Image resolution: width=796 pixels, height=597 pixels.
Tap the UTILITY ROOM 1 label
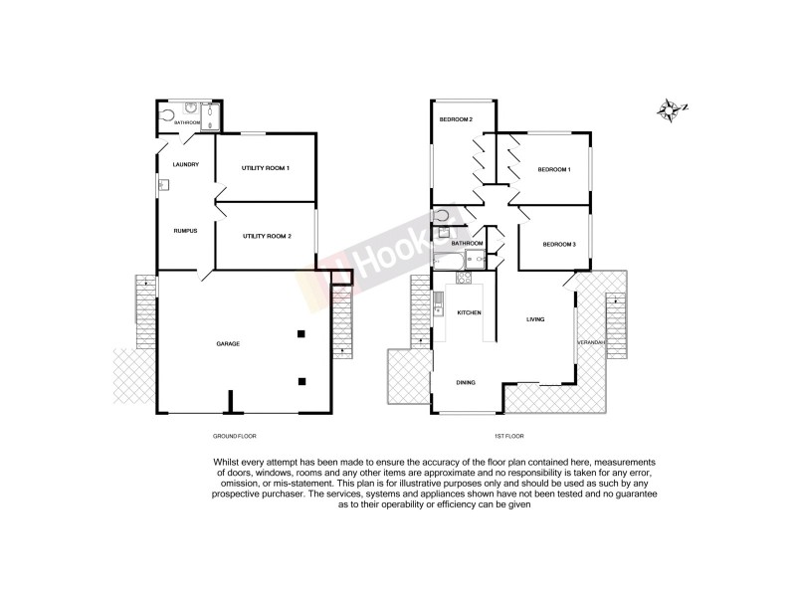click(x=265, y=168)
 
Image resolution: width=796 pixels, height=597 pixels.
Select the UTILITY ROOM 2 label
click(x=265, y=236)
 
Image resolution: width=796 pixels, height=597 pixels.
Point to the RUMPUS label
click(x=185, y=231)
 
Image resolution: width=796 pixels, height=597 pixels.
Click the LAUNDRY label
click(x=186, y=164)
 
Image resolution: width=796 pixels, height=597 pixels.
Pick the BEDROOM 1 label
click(x=554, y=170)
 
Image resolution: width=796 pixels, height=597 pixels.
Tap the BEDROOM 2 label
click(x=456, y=120)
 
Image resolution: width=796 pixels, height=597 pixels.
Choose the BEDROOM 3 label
click(x=559, y=244)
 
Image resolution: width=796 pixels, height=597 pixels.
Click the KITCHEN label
click(x=469, y=312)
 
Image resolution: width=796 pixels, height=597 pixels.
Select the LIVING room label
click(x=535, y=319)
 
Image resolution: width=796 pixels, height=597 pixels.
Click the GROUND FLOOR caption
click(x=234, y=437)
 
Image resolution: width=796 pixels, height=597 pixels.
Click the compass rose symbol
click(x=672, y=109)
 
